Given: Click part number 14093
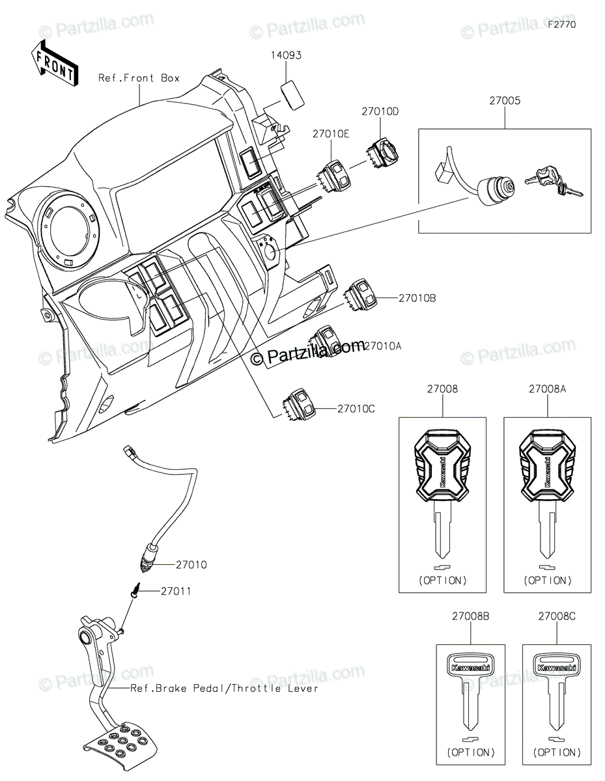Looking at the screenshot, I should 287,56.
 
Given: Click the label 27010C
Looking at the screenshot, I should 356,409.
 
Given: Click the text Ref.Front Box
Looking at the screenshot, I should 139,78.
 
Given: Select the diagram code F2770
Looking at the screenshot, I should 562,25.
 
